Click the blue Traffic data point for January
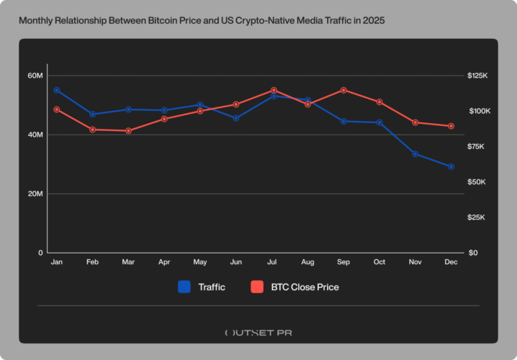point(56,90)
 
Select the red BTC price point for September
point(343,90)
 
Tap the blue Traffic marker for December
point(451,166)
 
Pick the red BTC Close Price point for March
point(128,131)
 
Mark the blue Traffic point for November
point(415,153)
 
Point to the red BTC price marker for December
point(451,126)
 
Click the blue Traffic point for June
point(235,118)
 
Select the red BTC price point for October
point(379,102)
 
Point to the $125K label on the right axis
point(479,76)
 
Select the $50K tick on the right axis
point(479,182)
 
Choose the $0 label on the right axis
point(472,253)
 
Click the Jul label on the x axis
point(271,263)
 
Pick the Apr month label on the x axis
point(163,263)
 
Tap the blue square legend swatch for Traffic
point(184,287)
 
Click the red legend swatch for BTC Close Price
point(256,287)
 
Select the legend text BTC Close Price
point(305,287)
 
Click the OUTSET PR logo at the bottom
point(258,333)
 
